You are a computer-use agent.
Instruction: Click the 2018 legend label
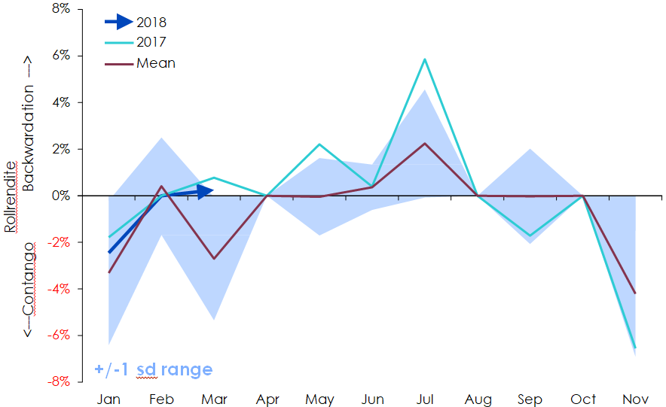click(151, 23)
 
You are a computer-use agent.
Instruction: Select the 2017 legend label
click(151, 43)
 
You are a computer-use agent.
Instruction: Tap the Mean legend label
click(156, 63)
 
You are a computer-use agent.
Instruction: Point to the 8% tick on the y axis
click(60, 9)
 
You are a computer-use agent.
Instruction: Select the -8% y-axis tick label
click(59, 381)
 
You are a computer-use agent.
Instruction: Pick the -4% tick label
click(59, 289)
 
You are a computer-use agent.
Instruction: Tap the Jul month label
click(425, 399)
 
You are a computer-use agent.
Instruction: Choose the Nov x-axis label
click(636, 399)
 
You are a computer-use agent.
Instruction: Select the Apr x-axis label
click(267, 399)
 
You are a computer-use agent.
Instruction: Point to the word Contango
click(29, 278)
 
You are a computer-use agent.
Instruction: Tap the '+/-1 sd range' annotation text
click(154, 369)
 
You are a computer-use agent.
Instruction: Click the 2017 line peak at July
click(426, 59)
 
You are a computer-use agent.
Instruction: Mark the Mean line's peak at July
click(426, 143)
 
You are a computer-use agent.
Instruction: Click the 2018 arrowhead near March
click(207, 191)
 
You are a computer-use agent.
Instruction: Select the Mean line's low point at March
click(214, 258)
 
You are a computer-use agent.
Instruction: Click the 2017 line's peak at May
click(319, 144)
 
